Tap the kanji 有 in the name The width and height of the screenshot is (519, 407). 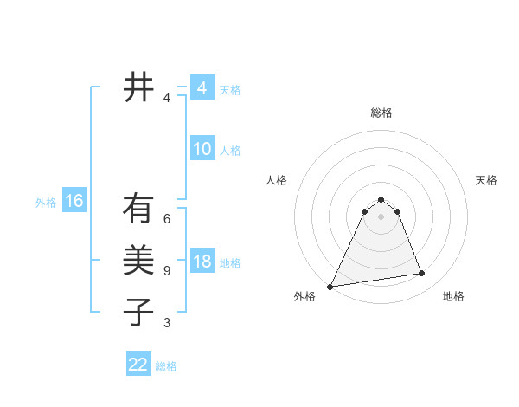tap(138, 209)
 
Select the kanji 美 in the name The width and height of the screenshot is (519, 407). tap(138, 261)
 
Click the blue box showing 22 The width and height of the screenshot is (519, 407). tap(138, 365)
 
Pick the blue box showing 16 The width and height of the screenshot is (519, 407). tap(74, 202)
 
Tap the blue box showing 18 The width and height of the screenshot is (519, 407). tap(202, 262)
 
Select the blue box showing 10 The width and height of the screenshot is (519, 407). tap(202, 149)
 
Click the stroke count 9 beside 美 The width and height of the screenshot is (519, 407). tap(167, 271)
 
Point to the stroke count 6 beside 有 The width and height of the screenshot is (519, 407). tap(167, 218)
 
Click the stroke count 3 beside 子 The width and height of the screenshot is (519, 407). tap(167, 323)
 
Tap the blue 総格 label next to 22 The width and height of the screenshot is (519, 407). tap(166, 366)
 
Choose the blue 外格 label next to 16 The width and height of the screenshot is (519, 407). tap(46, 203)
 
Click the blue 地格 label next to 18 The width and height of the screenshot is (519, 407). tap(230, 263)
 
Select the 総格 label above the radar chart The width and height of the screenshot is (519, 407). tap(381, 113)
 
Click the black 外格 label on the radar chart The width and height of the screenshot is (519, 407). tap(304, 296)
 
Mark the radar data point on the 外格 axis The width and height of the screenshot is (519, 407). tap(330, 287)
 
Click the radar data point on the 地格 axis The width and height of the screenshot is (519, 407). tap(422, 274)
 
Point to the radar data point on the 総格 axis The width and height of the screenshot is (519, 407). tap(381, 199)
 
